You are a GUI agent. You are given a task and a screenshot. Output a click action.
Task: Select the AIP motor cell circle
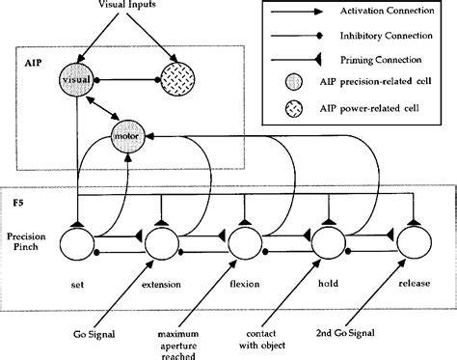[130, 136]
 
